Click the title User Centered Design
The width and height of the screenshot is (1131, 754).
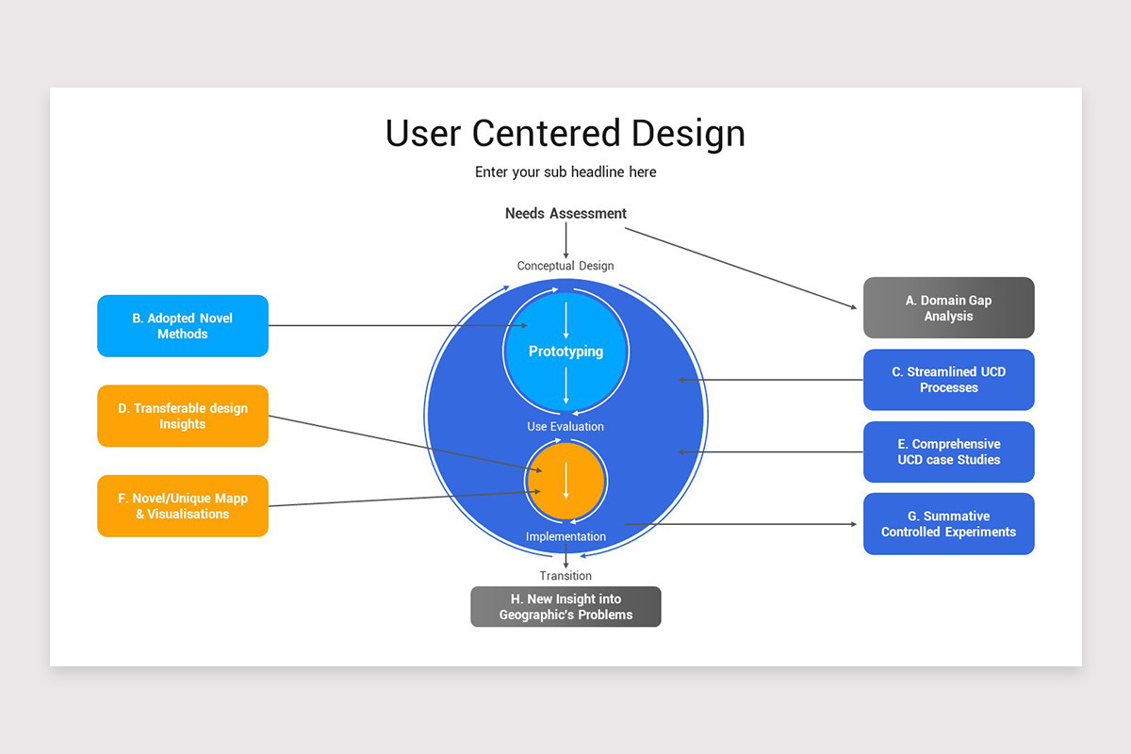click(x=565, y=134)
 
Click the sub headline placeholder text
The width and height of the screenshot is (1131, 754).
click(x=565, y=172)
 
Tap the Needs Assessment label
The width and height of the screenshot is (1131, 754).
click(x=565, y=214)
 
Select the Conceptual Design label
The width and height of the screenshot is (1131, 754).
click(x=565, y=266)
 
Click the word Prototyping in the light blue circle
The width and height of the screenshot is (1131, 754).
click(x=565, y=352)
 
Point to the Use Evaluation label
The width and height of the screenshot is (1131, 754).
click(x=565, y=427)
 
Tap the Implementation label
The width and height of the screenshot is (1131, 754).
click(x=565, y=537)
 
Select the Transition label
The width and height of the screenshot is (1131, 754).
click(x=565, y=576)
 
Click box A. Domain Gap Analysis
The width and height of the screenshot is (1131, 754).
click(x=948, y=308)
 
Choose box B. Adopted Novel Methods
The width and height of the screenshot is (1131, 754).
click(x=183, y=326)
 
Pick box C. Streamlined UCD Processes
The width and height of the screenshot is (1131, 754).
click(x=948, y=380)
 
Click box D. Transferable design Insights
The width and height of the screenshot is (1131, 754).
click(x=183, y=416)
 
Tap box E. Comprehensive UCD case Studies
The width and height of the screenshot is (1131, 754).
click(x=948, y=451)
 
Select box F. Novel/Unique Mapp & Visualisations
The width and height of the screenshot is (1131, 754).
click(x=183, y=506)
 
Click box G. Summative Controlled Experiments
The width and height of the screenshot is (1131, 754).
click(x=948, y=524)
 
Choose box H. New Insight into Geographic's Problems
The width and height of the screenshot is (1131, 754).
click(x=565, y=607)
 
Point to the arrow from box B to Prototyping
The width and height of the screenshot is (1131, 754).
click(x=396, y=326)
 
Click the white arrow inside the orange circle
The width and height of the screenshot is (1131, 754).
click(x=565, y=480)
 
